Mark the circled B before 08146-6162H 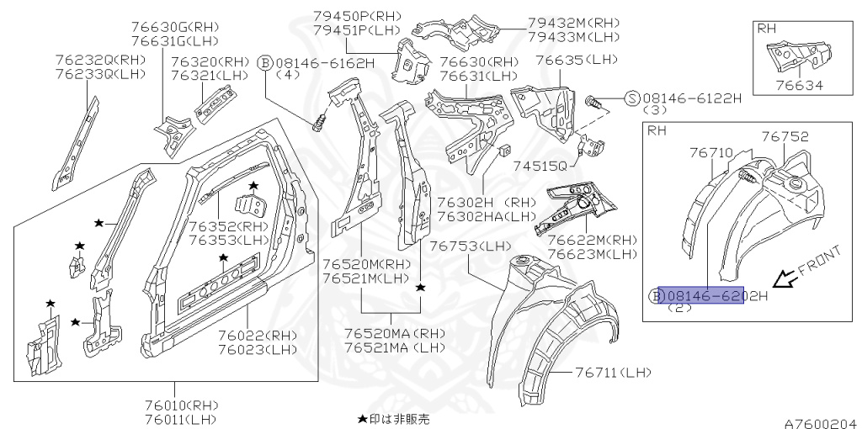264,62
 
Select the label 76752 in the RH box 785,136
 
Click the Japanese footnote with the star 393,418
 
